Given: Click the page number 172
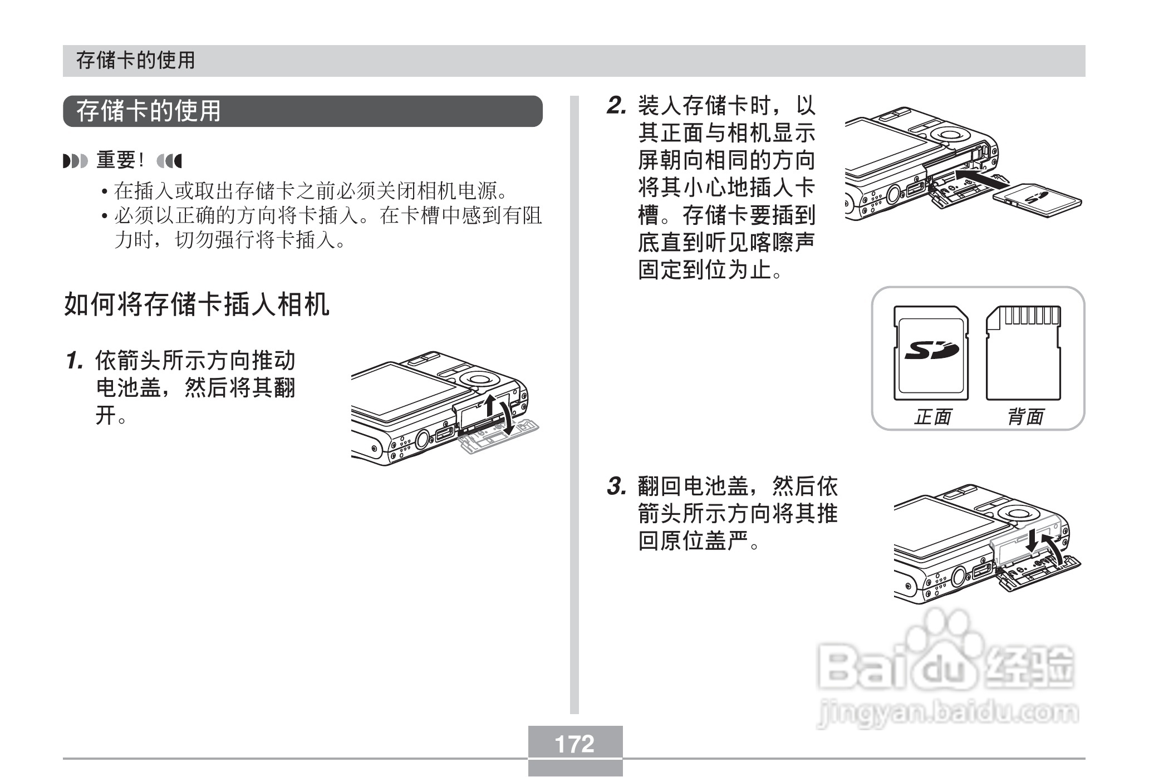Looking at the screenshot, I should (574, 744).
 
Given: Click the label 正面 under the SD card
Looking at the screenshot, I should (932, 416).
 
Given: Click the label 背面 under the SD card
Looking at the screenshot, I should (1025, 416).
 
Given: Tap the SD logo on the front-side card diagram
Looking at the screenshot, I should (931, 351).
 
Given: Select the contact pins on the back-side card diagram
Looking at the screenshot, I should (1031, 316).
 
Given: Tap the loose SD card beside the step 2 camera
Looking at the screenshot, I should (1037, 201).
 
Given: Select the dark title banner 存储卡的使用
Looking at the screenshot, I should (302, 111).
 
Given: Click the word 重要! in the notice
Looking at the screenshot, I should (121, 161).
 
